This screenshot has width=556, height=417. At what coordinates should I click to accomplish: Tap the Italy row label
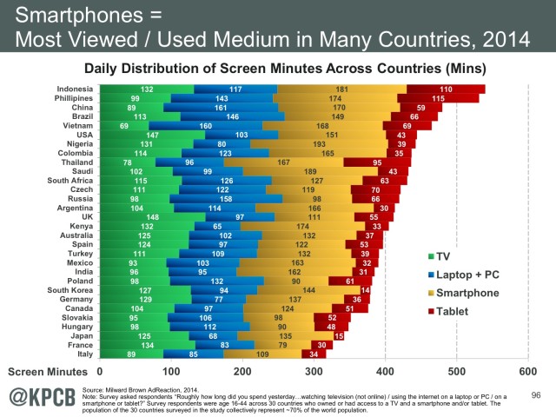coord(85,354)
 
